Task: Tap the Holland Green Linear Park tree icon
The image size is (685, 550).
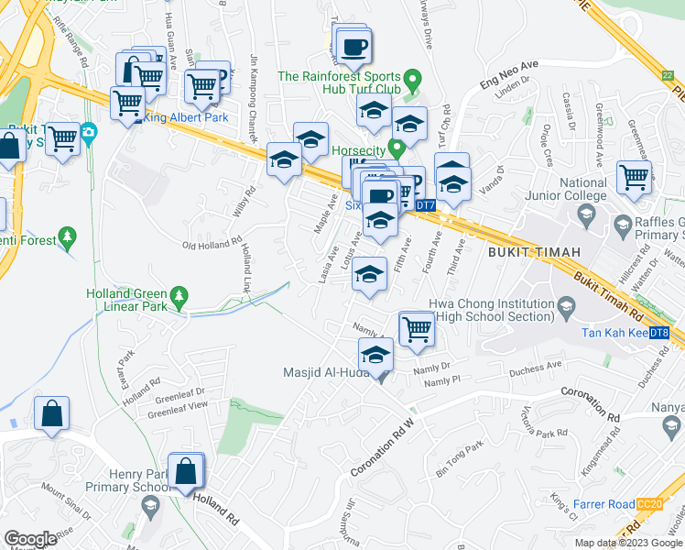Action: [180, 295]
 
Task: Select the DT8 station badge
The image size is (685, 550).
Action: [658, 332]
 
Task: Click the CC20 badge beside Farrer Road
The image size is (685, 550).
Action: [649, 504]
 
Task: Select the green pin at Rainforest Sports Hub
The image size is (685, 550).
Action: [412, 81]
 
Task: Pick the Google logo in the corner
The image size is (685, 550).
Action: [29, 539]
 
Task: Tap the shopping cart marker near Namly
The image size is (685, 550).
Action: [417, 328]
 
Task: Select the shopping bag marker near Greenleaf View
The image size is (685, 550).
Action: [52, 413]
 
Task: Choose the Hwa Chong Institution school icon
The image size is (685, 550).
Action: [566, 304]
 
